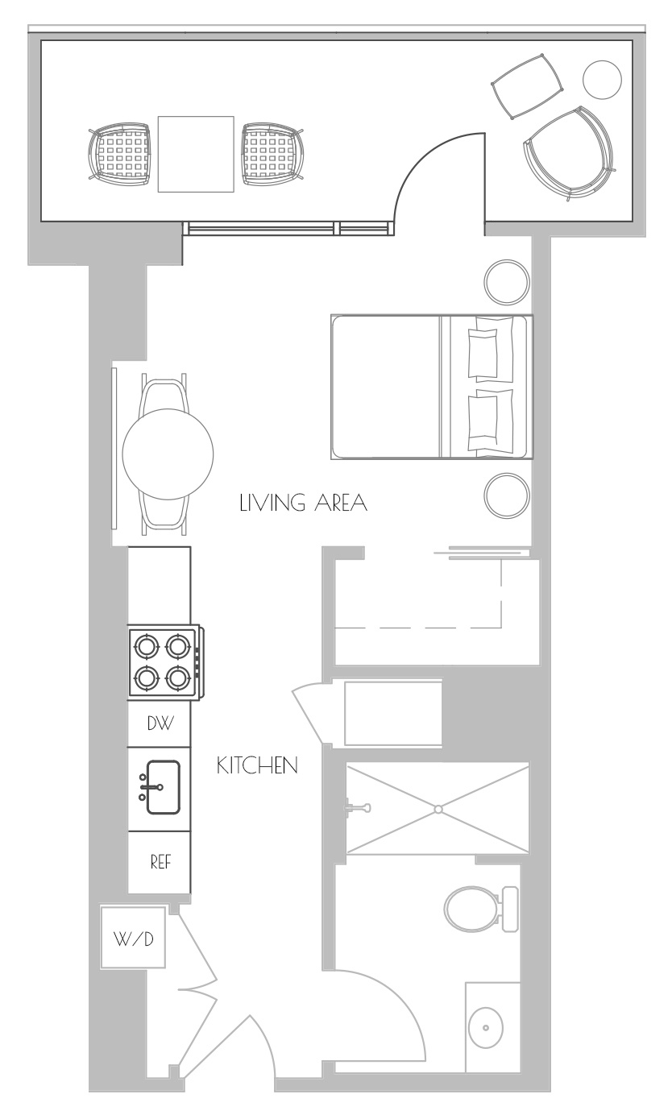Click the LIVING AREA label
(303, 503)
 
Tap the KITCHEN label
(257, 765)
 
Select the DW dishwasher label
(160, 723)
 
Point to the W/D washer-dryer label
(134, 939)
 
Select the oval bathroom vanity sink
(487, 1027)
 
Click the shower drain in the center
(438, 810)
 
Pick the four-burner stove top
(164, 662)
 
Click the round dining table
(168, 454)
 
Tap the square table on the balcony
(196, 154)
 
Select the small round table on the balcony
(602, 80)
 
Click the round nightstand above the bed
(507, 282)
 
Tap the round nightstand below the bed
(507, 495)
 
